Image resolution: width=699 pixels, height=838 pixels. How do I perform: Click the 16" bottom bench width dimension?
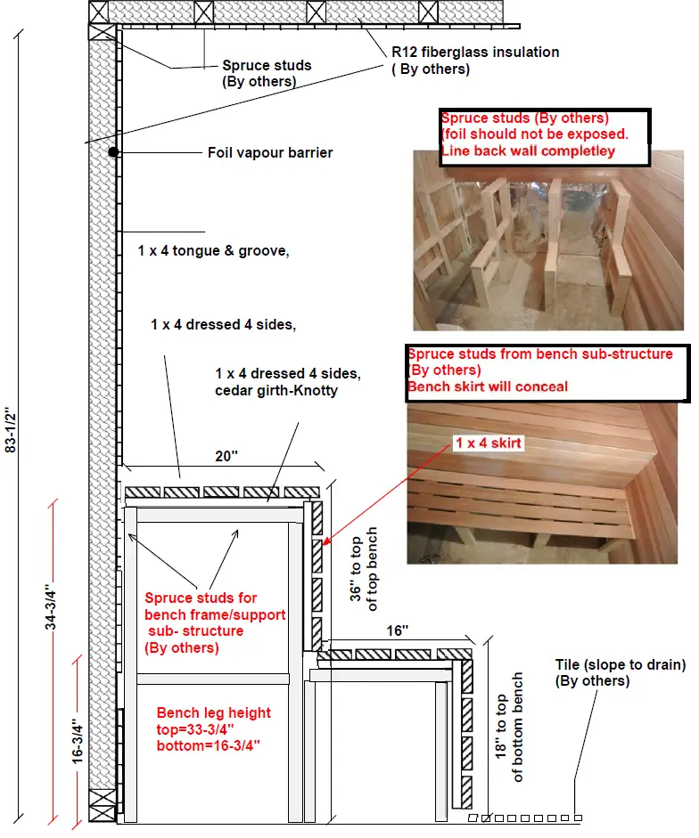(398, 631)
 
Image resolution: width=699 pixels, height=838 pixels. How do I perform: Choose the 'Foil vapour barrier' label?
(269, 153)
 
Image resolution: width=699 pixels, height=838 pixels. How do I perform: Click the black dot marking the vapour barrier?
(113, 152)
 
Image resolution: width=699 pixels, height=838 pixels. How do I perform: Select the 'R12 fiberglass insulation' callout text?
(475, 53)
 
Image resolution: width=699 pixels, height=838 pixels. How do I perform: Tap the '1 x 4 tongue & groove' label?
(213, 251)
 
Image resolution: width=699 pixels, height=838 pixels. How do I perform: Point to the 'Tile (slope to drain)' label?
(620, 664)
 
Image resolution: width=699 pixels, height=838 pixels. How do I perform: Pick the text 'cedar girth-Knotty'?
(276, 390)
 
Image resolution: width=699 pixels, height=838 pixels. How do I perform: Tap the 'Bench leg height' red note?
(213, 712)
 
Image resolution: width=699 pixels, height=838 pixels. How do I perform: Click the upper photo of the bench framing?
(533, 240)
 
